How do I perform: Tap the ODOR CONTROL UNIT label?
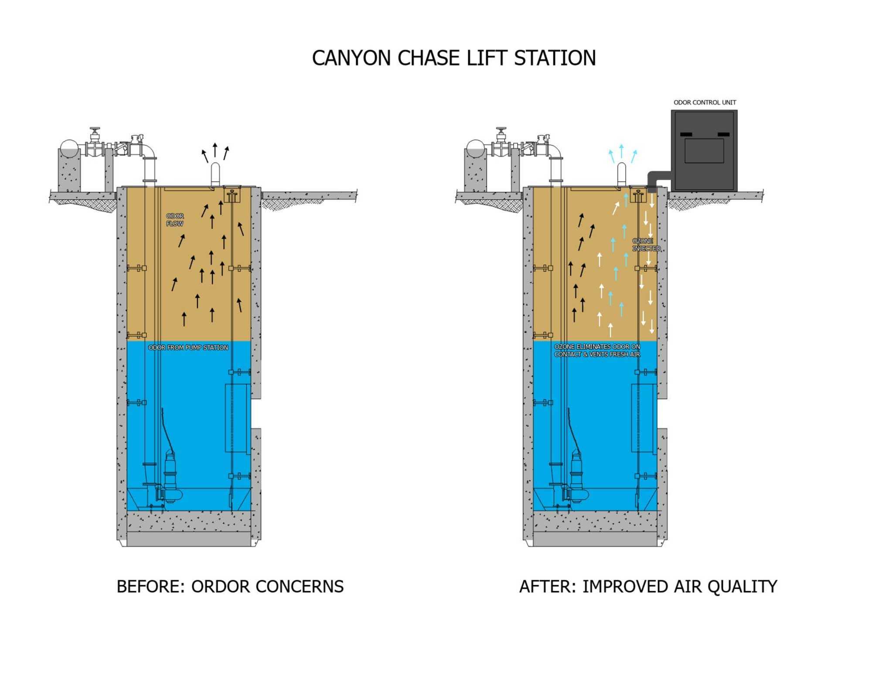[x=705, y=102]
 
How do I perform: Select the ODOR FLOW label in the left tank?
[x=175, y=220]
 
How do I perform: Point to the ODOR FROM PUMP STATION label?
[x=188, y=348]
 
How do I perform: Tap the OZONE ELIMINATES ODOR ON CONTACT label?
[x=597, y=351]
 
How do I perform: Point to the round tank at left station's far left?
[x=69, y=148]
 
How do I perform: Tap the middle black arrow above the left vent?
[x=215, y=150]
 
